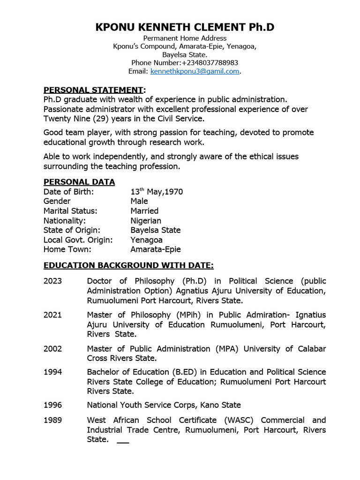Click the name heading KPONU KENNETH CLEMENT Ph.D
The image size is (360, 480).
[185, 27]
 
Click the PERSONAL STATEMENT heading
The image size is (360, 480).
[93, 90]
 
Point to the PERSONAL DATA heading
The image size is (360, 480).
[79, 182]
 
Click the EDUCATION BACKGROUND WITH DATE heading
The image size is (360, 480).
[128, 265]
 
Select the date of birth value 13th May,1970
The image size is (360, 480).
[157, 192]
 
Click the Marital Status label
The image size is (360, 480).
[70, 211]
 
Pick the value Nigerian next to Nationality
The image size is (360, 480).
[146, 220]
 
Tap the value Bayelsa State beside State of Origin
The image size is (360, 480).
[155, 230]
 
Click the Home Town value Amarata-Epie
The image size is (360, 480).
[155, 249]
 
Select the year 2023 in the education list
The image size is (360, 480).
[52, 281]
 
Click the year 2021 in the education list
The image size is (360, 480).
[52, 315]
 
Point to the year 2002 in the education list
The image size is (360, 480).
[52, 349]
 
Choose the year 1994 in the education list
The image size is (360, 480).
[52, 372]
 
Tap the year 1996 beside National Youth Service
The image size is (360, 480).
[52, 405]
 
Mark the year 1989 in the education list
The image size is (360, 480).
[52, 420]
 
